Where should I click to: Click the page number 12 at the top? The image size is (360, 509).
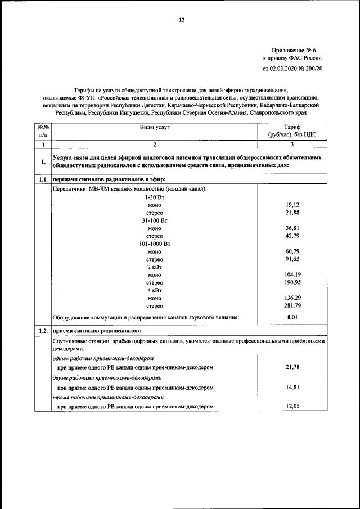(181, 20)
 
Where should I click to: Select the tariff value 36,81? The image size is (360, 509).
(292, 228)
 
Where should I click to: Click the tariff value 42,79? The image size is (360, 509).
(292, 236)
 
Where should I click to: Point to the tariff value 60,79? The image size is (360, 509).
(292, 251)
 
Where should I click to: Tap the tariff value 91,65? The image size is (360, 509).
(292, 259)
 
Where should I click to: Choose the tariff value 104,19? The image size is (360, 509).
(292, 274)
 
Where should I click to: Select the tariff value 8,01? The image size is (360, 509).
(292, 318)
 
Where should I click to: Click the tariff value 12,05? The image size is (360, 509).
(292, 406)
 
